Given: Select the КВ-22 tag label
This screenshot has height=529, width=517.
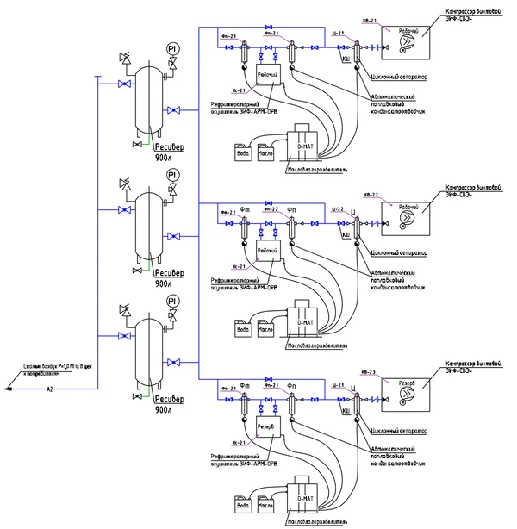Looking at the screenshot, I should (372, 195).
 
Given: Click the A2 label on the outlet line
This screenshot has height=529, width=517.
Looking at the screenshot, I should (49, 389).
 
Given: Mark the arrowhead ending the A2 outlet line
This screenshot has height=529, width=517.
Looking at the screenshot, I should (8, 389).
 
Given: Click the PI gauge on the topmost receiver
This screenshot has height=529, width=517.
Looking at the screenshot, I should (173, 49).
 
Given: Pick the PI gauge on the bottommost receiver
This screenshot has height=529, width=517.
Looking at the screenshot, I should (173, 301).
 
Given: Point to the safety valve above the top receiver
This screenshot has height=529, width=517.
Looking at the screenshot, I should (126, 59).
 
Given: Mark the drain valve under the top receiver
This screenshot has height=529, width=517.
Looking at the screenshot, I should (134, 145).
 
